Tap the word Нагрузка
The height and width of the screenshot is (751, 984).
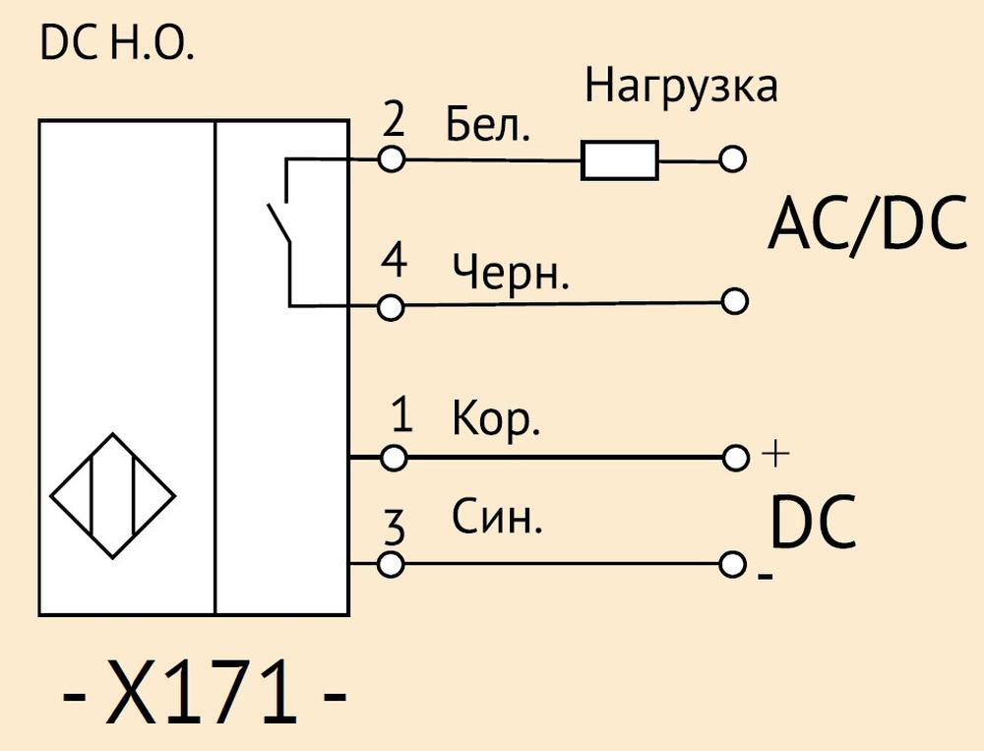pyautogui.click(x=682, y=86)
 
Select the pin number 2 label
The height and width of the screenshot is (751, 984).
pyautogui.click(x=394, y=119)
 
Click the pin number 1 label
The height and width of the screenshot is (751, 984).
pyautogui.click(x=401, y=414)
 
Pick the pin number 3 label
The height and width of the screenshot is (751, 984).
pyautogui.click(x=395, y=528)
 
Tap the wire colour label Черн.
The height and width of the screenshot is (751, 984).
pyautogui.click(x=511, y=274)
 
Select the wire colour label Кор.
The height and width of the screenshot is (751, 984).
pyautogui.click(x=496, y=419)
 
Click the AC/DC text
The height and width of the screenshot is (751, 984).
pyautogui.click(x=869, y=224)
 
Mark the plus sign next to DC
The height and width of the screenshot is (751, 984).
pyautogui.click(x=775, y=454)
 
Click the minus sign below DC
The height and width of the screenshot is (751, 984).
pyautogui.click(x=765, y=576)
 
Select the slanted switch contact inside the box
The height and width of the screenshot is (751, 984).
pyautogui.click(x=278, y=222)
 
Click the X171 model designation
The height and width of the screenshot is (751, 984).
pyautogui.click(x=204, y=693)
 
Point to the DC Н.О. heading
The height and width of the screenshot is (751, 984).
pyautogui.click(x=117, y=44)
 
